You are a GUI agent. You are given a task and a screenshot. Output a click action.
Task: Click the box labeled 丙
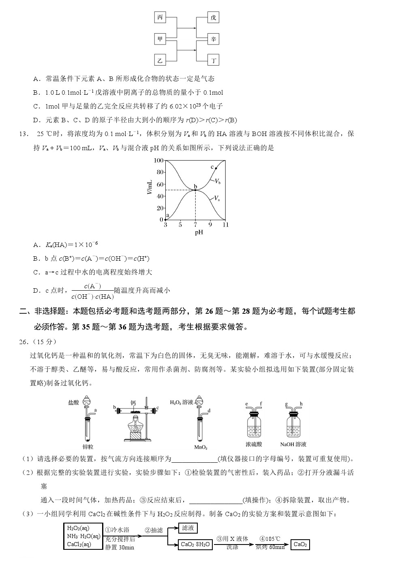(160, 17)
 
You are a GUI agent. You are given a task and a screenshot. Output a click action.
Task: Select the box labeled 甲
(160, 39)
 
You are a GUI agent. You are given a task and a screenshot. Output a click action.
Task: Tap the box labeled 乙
(160, 61)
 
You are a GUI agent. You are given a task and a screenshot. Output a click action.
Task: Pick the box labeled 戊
(213, 17)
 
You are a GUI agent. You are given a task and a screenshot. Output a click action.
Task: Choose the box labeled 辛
(213, 39)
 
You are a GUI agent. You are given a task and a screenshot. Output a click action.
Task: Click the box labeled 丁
(213, 61)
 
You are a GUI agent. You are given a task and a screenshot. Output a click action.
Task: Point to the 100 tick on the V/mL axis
(158, 161)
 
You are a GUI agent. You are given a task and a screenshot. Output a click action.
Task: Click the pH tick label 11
(225, 225)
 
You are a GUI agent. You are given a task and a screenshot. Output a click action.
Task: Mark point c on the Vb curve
(216, 168)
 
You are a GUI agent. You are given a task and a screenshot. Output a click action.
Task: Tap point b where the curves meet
(195, 190)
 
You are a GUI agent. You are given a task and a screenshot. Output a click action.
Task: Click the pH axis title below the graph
(199, 233)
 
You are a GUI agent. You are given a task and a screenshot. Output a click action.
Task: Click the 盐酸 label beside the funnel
(73, 402)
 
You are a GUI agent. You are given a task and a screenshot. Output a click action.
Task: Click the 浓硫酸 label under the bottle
(254, 444)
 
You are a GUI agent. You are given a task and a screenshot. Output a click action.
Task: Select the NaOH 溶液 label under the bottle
(293, 444)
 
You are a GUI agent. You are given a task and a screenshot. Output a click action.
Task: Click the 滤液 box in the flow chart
(188, 528)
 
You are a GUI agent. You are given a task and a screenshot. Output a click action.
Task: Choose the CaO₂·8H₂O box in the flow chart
(195, 545)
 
